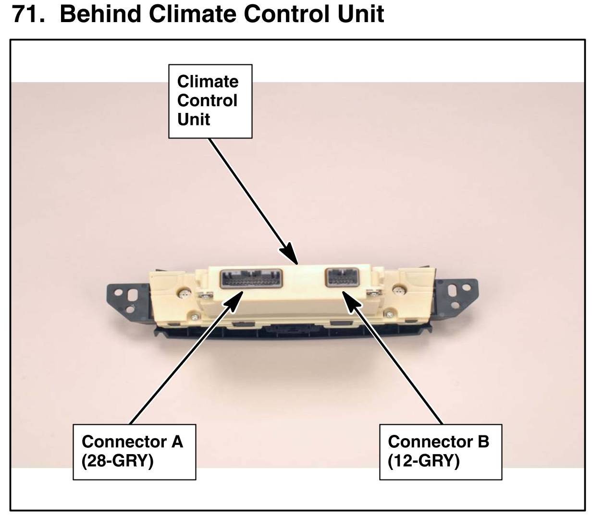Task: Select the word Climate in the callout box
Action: tap(208, 81)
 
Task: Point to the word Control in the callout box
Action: tap(207, 100)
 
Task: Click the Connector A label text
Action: tap(132, 441)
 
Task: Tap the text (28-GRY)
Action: tap(117, 461)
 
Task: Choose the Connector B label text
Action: tap(438, 441)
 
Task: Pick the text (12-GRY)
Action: tap(423, 461)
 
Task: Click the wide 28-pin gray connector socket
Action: tap(251, 278)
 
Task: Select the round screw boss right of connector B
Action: tap(398, 290)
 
